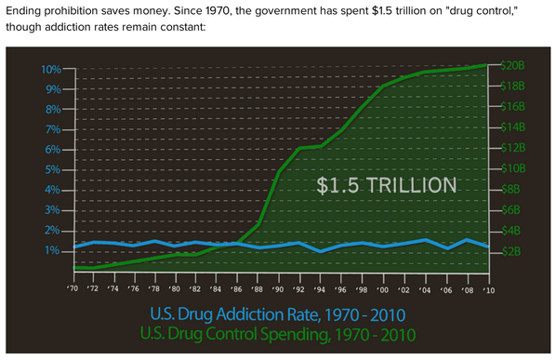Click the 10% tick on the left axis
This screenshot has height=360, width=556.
point(50,70)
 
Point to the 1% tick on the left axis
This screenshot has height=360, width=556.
point(52,251)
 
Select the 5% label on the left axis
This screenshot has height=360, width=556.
point(52,170)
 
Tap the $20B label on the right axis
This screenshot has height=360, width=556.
point(512,66)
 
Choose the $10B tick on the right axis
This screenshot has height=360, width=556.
point(511,168)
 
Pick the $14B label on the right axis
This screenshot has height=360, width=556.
point(512,127)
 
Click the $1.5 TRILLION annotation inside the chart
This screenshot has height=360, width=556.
point(387,185)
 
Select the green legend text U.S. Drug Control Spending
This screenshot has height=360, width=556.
point(277,332)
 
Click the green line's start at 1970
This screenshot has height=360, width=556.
point(73,267)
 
